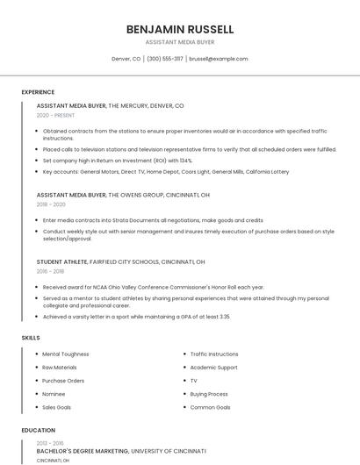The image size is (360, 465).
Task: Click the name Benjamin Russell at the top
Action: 180,29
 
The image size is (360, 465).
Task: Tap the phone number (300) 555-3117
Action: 165,59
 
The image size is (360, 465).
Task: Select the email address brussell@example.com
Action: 219,59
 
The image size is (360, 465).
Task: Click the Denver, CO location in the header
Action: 126,59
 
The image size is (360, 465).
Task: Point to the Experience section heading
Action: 38,92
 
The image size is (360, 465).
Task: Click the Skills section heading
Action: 31,338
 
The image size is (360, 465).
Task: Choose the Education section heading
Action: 38,430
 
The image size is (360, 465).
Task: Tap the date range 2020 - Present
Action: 55,115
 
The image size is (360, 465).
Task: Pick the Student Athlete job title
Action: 61,261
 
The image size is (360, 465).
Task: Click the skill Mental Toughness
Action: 66,354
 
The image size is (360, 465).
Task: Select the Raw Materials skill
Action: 60,367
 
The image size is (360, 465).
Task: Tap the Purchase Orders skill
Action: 63,381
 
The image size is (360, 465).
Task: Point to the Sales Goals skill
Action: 57,407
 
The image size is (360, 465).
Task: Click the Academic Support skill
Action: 214,367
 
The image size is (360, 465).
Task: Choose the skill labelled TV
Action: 194,381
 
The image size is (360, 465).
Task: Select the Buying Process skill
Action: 209,394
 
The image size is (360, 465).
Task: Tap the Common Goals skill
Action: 210,407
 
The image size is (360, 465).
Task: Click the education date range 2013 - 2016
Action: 50,443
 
